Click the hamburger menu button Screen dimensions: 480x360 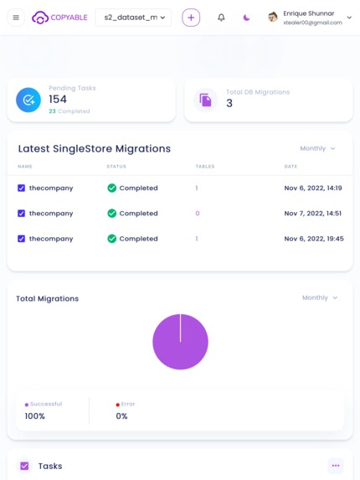click(x=16, y=18)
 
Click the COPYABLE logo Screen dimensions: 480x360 click(x=59, y=18)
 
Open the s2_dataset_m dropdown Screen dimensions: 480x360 click(x=133, y=18)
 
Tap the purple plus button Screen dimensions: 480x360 click(x=191, y=18)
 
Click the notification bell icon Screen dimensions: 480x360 click(x=221, y=18)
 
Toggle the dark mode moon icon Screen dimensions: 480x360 click(x=246, y=18)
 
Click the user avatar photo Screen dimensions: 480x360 click(x=273, y=18)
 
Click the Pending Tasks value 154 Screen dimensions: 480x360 click(x=58, y=100)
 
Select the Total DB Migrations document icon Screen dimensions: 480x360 click(x=206, y=100)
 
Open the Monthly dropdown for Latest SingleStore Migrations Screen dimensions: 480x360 click(x=318, y=148)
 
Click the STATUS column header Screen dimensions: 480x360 click(x=116, y=167)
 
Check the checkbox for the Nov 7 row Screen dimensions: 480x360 click(x=22, y=214)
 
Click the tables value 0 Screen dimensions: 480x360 click(x=198, y=214)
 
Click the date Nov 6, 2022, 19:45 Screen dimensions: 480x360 click(x=314, y=239)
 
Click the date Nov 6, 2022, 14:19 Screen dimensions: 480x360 click(x=313, y=188)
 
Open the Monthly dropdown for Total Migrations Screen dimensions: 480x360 click(x=321, y=297)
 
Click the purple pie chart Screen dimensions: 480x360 click(x=180, y=342)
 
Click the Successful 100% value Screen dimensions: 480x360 click(x=35, y=416)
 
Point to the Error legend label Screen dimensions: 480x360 click(x=127, y=404)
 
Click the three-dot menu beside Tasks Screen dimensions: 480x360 click(x=336, y=466)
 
